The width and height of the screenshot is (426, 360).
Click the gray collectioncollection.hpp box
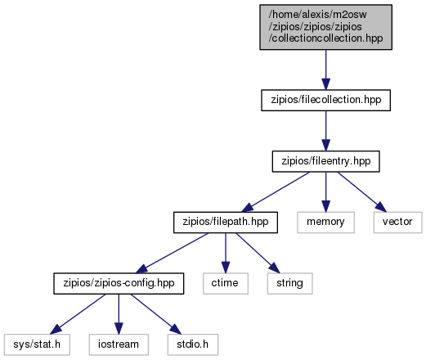click(325, 27)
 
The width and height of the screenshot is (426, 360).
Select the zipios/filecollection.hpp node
click(325, 100)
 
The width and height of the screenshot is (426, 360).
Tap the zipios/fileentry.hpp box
click(325, 161)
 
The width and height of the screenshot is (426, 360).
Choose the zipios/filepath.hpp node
click(226, 223)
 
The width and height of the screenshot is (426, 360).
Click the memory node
click(325, 223)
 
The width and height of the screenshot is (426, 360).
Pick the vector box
click(397, 223)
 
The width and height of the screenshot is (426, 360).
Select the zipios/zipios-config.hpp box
click(119, 283)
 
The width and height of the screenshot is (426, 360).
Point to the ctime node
click(226, 283)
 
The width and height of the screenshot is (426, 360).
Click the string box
click(289, 283)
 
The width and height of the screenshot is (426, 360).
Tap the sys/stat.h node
click(37, 344)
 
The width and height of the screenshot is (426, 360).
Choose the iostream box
click(119, 344)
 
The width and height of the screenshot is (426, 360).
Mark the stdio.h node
click(193, 344)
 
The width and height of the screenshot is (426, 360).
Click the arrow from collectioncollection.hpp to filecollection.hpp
click(325, 70)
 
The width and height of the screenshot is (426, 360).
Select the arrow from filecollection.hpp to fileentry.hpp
click(325, 131)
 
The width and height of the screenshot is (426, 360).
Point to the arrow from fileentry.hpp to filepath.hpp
click(276, 192)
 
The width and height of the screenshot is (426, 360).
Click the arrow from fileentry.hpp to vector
click(362, 192)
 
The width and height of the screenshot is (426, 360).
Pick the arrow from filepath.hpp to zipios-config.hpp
click(172, 253)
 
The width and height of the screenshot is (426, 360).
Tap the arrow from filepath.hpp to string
click(258, 253)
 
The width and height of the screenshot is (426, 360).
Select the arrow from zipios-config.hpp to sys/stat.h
click(78, 314)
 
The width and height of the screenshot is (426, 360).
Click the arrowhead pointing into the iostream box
click(119, 328)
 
